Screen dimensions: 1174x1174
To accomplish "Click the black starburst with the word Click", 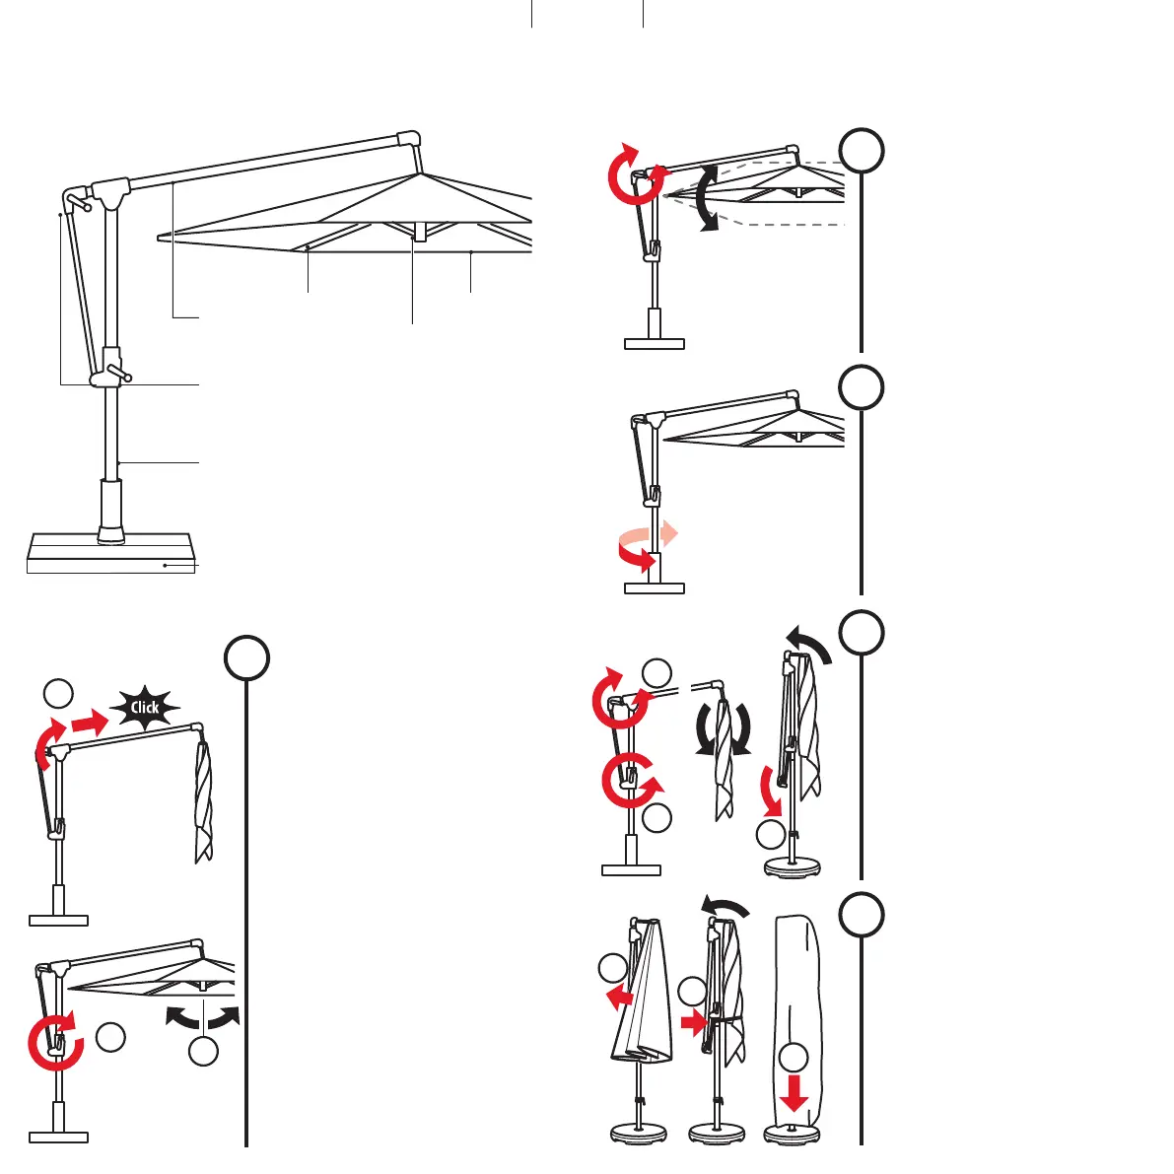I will pos(145,707).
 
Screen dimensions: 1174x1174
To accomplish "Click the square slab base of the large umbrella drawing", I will pos(108,552).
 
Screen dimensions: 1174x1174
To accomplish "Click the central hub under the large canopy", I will pos(418,232).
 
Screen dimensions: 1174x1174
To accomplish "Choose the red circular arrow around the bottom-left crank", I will pos(52,1042).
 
